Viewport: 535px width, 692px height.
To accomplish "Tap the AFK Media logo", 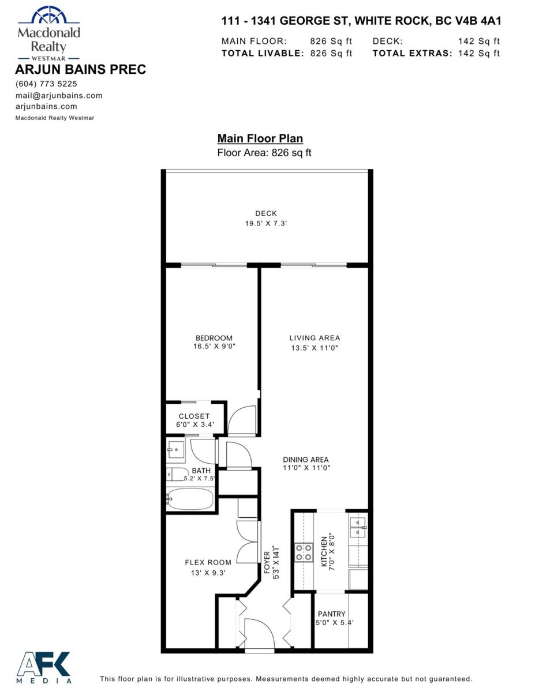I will pyautogui.click(x=44, y=667).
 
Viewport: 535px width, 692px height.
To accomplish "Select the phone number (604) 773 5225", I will pyautogui.click(x=46, y=84).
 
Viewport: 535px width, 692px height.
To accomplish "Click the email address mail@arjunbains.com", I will pyautogui.click(x=59, y=95).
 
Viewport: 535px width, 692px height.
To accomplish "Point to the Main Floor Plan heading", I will pyautogui.click(x=260, y=138).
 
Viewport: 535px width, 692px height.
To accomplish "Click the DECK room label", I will pyautogui.click(x=266, y=213).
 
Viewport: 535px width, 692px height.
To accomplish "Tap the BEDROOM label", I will pyautogui.click(x=214, y=338).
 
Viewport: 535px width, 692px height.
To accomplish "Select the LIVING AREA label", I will pyautogui.click(x=315, y=338).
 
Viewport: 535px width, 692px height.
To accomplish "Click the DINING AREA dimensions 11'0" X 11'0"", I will pyautogui.click(x=306, y=468).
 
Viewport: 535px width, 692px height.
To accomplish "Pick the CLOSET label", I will pyautogui.click(x=194, y=416).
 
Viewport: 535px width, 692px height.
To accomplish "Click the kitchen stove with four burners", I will pyautogui.click(x=304, y=552).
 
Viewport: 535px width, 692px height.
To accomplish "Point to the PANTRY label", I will pyautogui.click(x=331, y=614).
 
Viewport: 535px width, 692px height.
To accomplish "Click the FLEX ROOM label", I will pyautogui.click(x=208, y=562).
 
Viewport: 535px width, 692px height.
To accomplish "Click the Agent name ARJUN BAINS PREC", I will pyautogui.click(x=80, y=70).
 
